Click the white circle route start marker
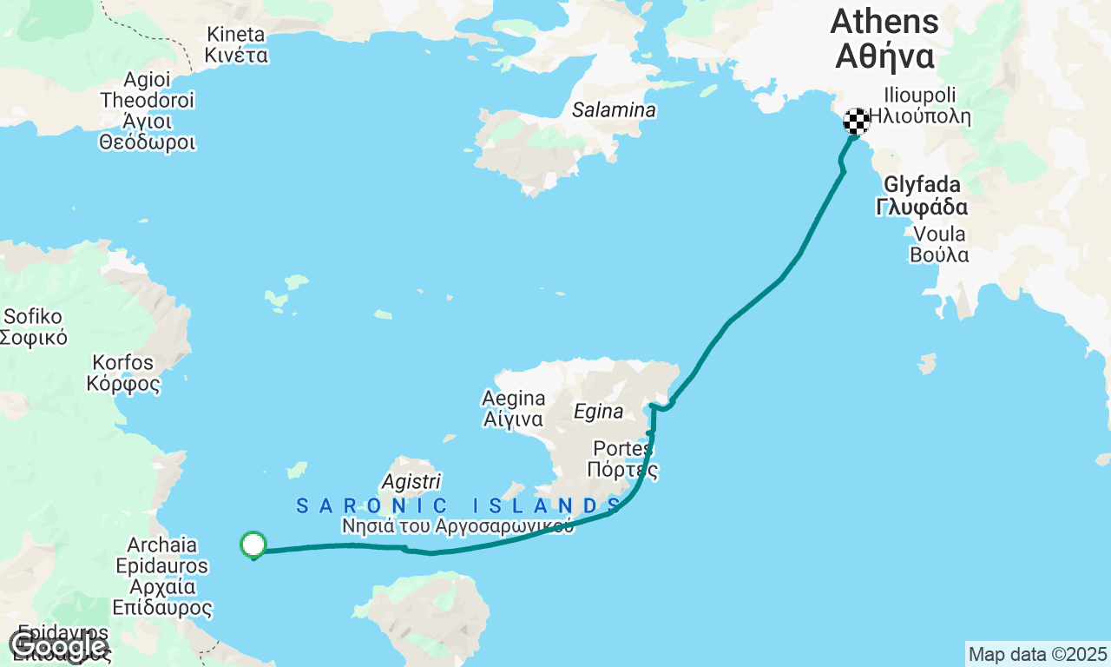[x=253, y=545]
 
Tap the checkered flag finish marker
[x=857, y=122]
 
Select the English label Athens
[x=884, y=21]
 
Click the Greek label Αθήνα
[x=884, y=56]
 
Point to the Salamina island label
[x=614, y=110]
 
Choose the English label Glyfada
[x=922, y=184]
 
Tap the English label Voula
[x=938, y=234]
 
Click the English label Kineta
[x=236, y=35]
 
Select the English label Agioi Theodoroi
[x=148, y=89]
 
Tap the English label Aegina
[x=514, y=399]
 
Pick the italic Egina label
[x=598, y=412]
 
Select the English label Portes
[x=622, y=448]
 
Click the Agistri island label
[x=411, y=481]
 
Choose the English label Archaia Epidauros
[x=162, y=556]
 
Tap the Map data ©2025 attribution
[x=1037, y=654]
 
